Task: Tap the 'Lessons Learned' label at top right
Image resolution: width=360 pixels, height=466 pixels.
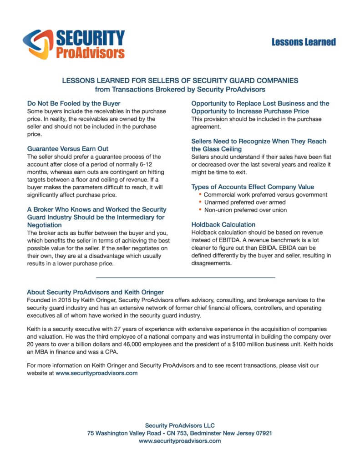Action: (x=304, y=42)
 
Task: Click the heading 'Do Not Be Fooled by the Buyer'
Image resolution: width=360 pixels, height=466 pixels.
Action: (x=74, y=103)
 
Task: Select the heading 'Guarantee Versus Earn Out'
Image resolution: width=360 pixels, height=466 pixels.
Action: (x=67, y=148)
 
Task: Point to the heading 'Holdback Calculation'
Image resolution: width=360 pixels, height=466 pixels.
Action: (x=223, y=224)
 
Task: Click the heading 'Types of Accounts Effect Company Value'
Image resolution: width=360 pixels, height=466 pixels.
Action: (x=253, y=187)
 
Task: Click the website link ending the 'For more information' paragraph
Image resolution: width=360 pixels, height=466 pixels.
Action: (x=96, y=373)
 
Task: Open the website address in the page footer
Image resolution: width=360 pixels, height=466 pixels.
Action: (x=180, y=441)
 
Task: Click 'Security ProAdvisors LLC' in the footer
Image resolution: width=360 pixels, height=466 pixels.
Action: (x=180, y=425)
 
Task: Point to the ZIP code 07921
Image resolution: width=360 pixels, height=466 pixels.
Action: (x=263, y=433)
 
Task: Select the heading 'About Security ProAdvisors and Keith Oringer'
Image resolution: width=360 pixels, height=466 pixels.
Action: (x=95, y=292)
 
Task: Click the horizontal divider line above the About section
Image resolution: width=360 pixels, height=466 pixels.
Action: (x=186, y=277)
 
